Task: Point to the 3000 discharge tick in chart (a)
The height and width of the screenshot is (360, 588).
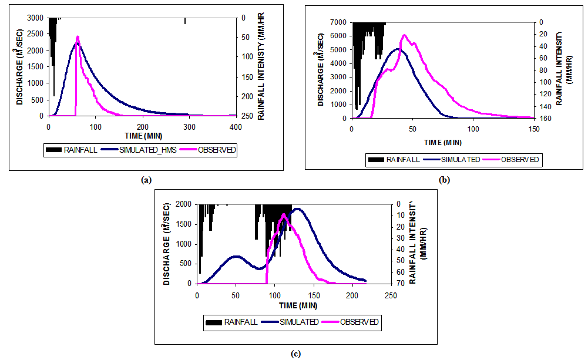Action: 35,18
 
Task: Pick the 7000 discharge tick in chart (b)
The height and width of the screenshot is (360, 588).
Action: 338,22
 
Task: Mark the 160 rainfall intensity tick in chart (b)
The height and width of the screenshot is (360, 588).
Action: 544,118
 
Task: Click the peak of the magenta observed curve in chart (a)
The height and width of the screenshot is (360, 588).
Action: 78,36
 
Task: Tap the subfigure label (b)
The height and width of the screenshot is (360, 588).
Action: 445,180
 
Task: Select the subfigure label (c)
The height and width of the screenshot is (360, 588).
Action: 295,354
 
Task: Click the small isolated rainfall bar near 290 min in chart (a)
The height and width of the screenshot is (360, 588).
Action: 185,21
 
